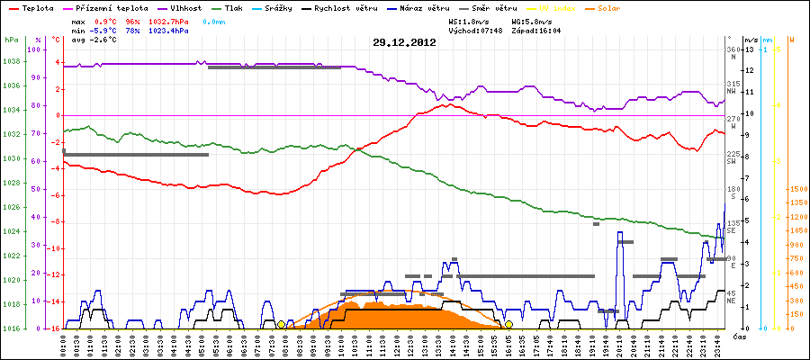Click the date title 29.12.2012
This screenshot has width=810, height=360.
tap(404, 42)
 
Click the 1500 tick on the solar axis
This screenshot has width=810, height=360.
tap(796, 189)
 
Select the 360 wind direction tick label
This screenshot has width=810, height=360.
tap(733, 49)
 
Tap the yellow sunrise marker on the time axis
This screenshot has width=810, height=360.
tap(281, 324)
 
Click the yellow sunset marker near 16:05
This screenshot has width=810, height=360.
tap(509, 324)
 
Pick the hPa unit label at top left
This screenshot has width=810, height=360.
tap(11, 40)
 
